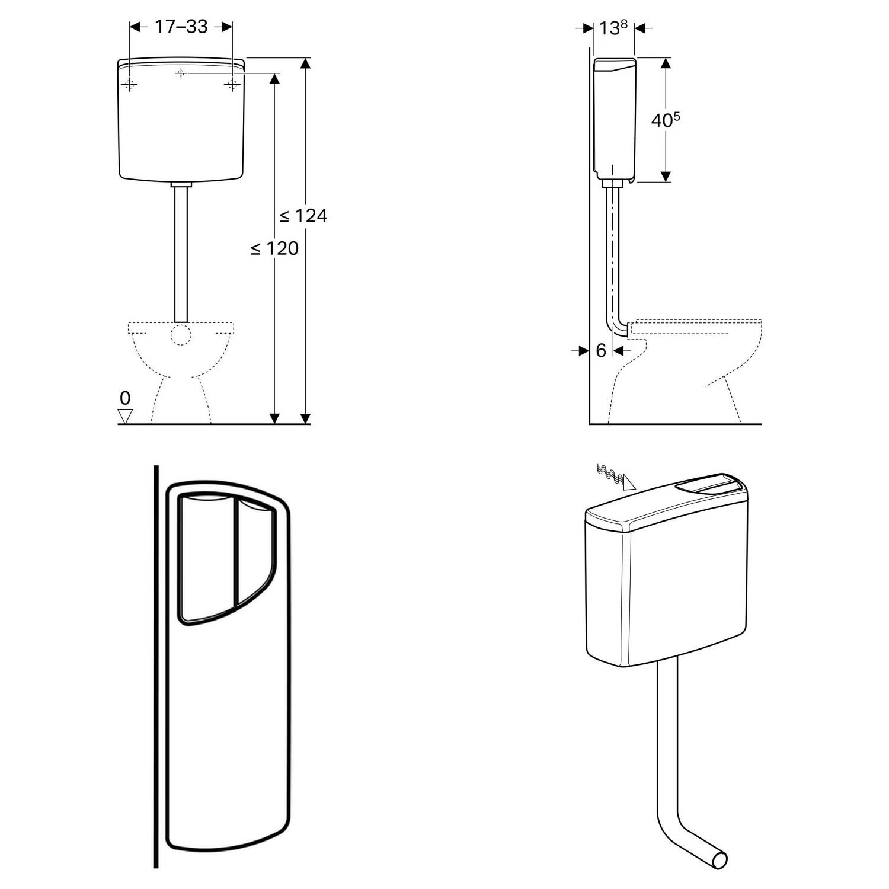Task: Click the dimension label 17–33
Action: pyautogui.click(x=181, y=27)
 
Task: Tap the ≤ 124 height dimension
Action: pyautogui.click(x=303, y=216)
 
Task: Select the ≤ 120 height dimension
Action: pyautogui.click(x=274, y=248)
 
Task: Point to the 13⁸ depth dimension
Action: pyautogui.click(x=613, y=28)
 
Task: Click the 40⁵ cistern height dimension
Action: pyautogui.click(x=666, y=120)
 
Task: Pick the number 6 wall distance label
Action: pyautogui.click(x=601, y=351)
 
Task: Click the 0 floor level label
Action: pyautogui.click(x=125, y=398)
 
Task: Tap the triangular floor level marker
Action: pyautogui.click(x=125, y=416)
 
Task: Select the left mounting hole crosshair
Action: pyautogui.click(x=130, y=85)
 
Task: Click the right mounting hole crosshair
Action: pyautogui.click(x=231, y=85)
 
